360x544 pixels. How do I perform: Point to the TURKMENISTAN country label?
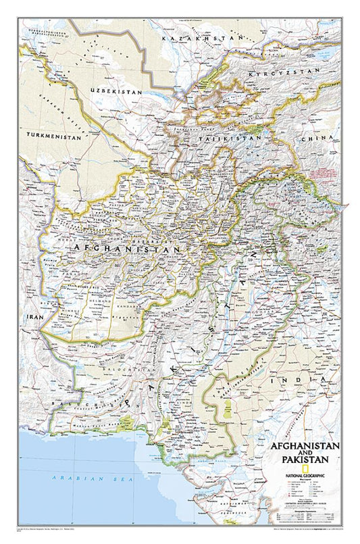[54, 136]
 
